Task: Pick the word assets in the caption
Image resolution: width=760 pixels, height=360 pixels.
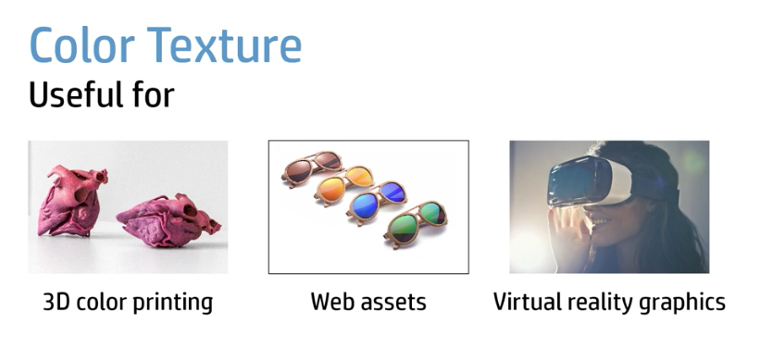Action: (x=393, y=303)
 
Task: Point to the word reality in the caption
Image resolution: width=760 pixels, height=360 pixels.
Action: (x=603, y=303)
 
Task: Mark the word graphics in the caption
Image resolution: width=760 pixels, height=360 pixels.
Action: (x=686, y=303)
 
